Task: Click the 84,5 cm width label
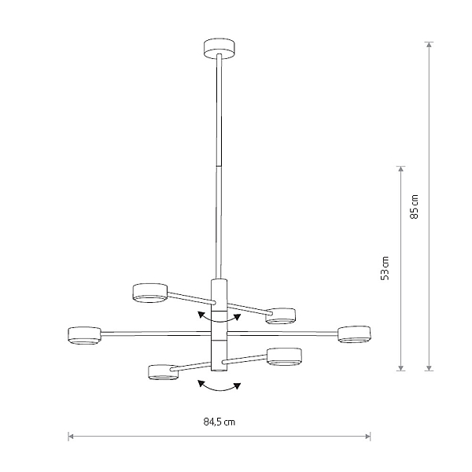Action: point(219,422)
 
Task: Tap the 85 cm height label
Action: point(415,207)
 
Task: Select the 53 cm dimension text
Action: point(385,268)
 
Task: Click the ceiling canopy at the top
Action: point(219,48)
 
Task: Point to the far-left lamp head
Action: point(85,335)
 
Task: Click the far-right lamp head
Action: point(354,334)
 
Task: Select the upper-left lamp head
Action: point(150,293)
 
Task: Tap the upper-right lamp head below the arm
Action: point(281,316)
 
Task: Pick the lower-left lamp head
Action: point(163,372)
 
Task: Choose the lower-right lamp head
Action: point(285,357)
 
